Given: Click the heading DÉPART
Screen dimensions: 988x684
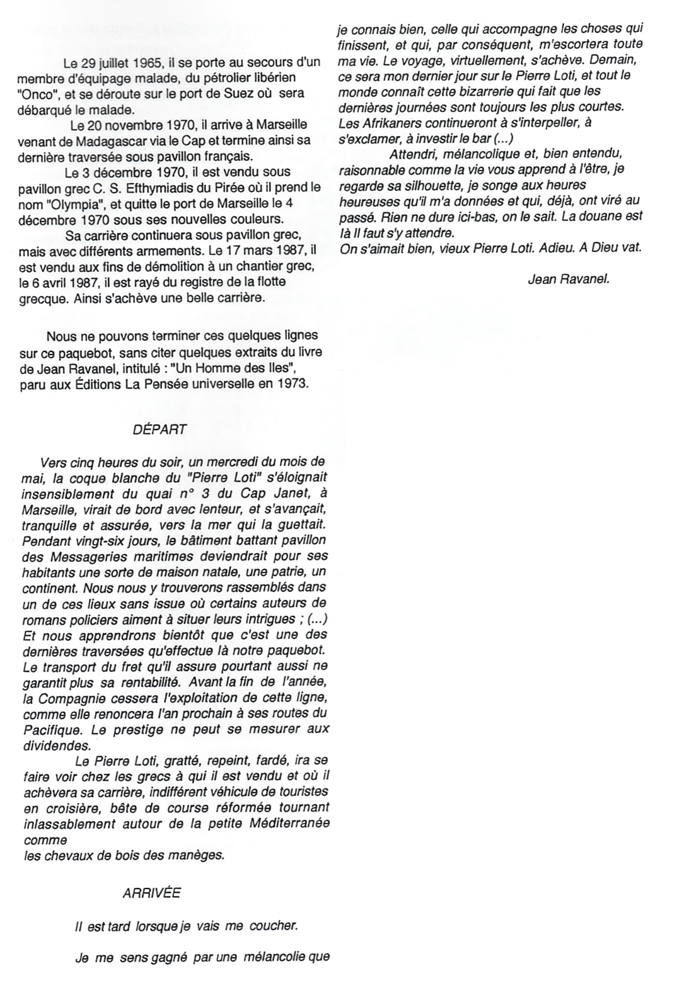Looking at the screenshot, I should coord(159,429).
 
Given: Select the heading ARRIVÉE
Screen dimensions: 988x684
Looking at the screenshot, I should coord(151,893).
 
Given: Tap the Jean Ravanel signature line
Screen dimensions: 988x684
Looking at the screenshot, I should coord(568,280).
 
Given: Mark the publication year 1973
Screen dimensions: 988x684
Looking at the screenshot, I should coord(293,383).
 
